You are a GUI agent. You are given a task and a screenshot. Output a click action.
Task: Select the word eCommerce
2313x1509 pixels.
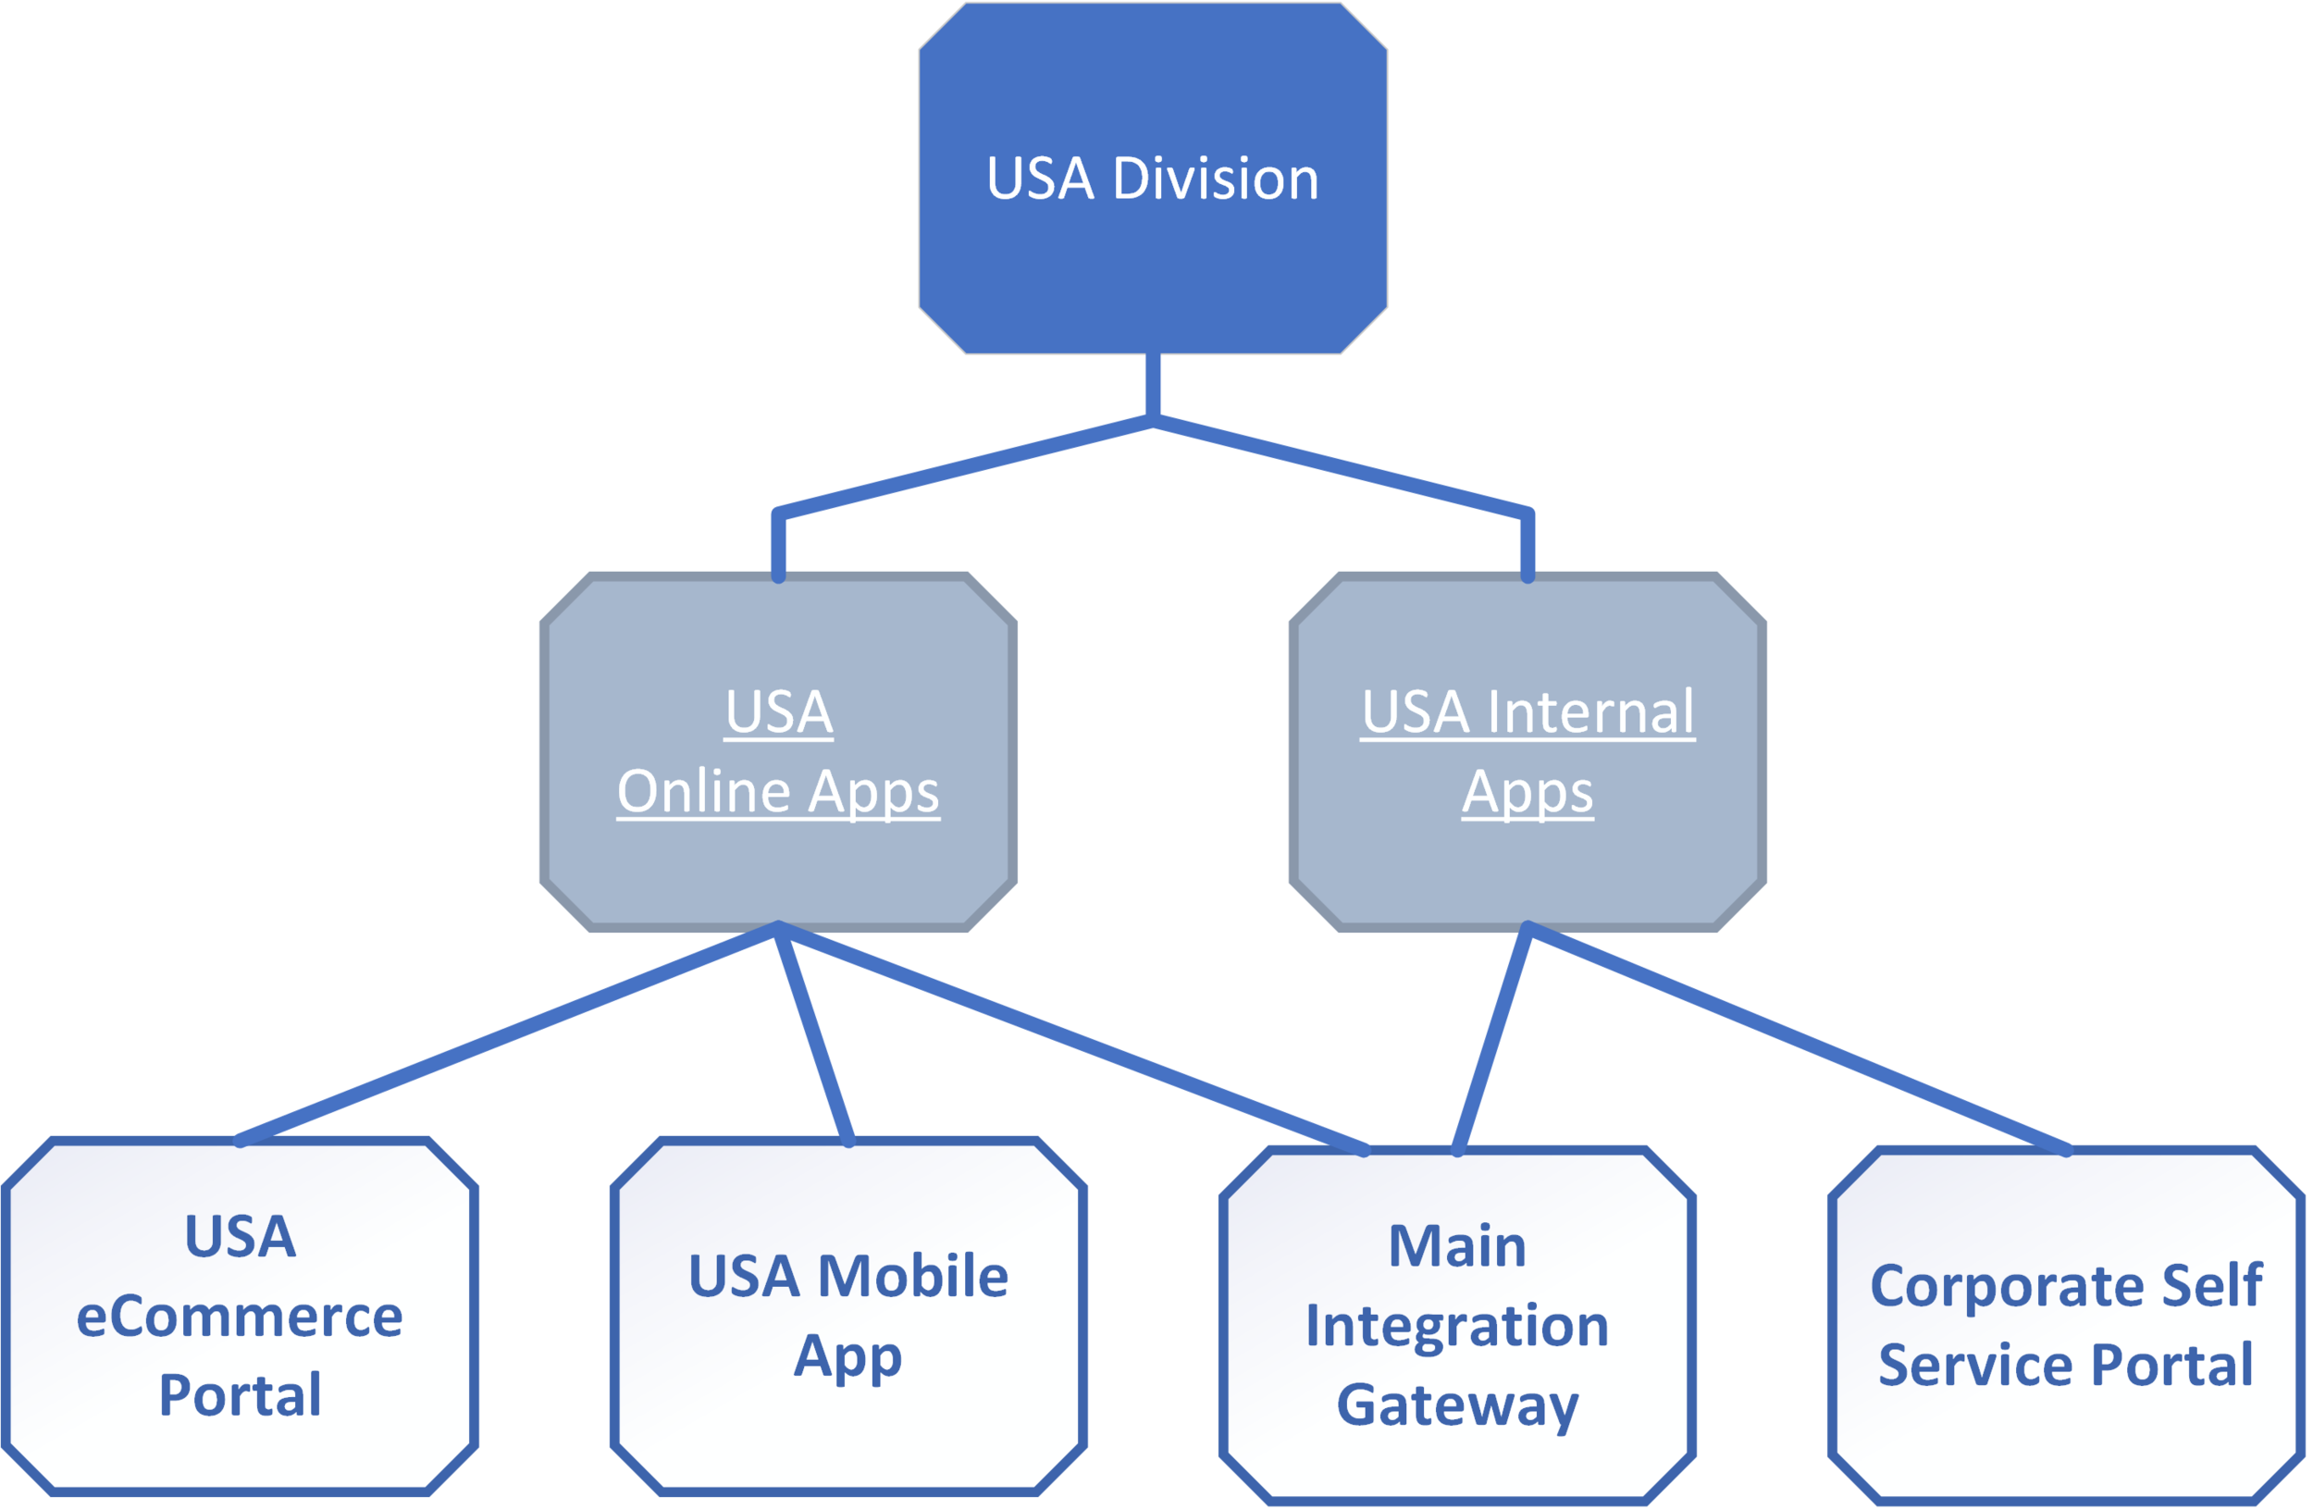(239, 1317)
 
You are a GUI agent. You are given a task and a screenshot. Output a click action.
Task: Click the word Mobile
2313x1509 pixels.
(912, 1276)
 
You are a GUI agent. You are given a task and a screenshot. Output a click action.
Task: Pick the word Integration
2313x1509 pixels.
(1456, 1326)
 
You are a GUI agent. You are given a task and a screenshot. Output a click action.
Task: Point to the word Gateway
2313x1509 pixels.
(1456, 1405)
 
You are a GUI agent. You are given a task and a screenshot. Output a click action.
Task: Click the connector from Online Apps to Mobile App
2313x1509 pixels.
(814, 1034)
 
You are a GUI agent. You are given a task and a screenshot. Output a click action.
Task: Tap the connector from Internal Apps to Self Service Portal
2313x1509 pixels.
(1798, 1038)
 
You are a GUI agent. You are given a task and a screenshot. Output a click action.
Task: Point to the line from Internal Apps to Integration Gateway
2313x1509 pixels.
(1492, 1038)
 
